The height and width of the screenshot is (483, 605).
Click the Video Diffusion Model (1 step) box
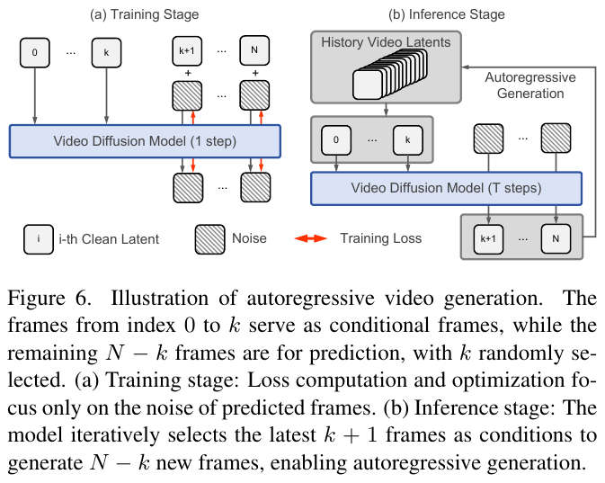point(145,141)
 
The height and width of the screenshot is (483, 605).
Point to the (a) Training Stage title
point(145,14)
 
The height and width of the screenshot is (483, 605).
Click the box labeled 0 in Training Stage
point(35,52)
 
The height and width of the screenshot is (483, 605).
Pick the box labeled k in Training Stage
point(106,52)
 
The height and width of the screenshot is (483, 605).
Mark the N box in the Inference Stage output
point(555,238)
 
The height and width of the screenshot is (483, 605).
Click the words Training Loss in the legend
point(380,239)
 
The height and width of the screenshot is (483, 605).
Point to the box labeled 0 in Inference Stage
point(336,139)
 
